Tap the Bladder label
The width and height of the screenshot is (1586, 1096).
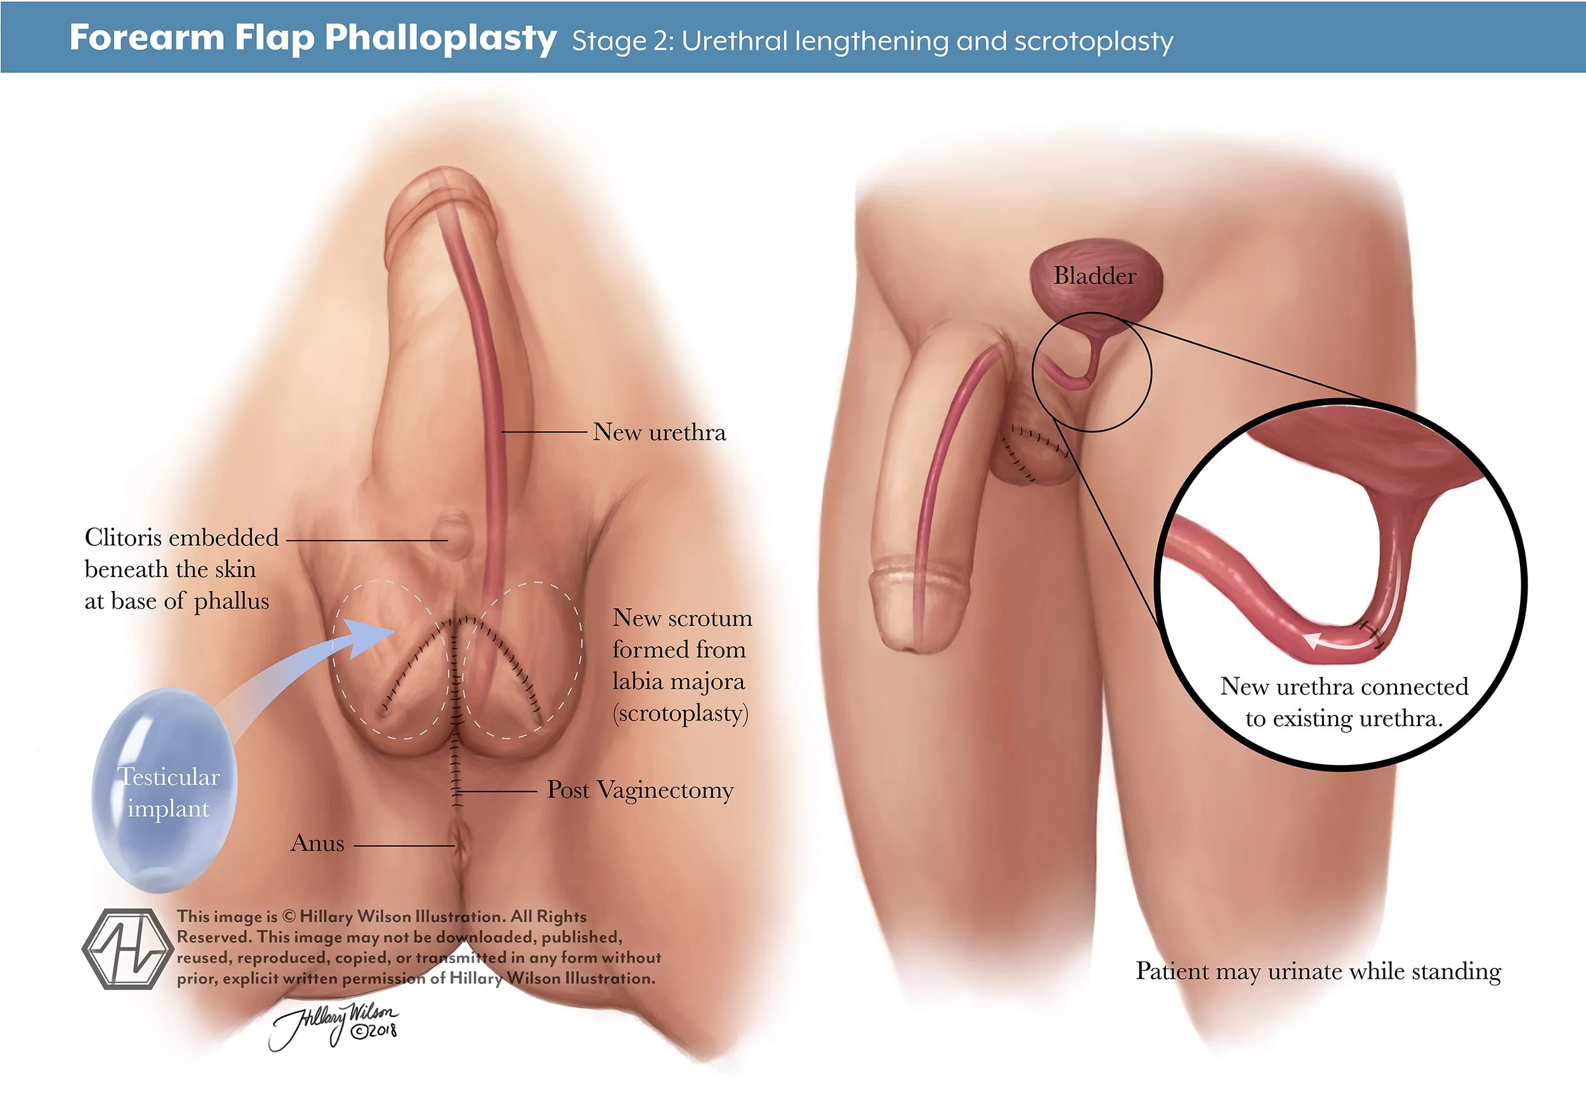click(x=1094, y=276)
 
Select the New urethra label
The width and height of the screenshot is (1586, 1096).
click(x=659, y=433)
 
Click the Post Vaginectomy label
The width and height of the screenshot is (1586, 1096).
click(x=639, y=790)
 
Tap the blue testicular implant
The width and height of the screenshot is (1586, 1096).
click(x=165, y=790)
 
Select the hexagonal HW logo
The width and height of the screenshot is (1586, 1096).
click(x=126, y=949)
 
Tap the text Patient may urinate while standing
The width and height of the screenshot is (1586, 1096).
click(x=1318, y=972)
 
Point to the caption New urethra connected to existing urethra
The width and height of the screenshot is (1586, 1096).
click(x=1344, y=703)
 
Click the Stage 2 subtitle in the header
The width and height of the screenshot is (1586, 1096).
click(x=872, y=41)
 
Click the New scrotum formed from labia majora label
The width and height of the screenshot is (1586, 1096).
click(x=681, y=665)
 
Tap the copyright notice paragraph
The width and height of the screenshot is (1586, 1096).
click(x=417, y=948)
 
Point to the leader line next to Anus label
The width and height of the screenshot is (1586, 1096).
click(x=404, y=845)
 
